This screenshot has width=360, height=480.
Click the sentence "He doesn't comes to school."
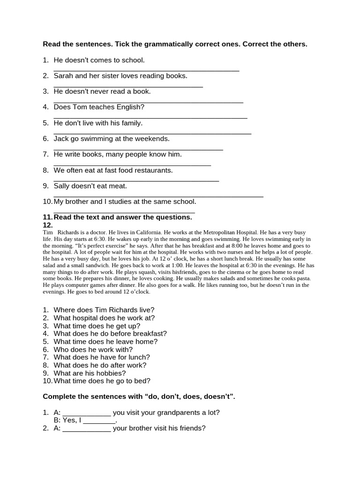[x=99, y=60]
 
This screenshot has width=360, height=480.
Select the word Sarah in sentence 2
[x=63, y=75]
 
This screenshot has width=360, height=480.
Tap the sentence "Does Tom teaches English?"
[x=99, y=107]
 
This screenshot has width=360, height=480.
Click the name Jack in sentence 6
[x=61, y=139]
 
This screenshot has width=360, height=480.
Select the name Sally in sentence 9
[x=62, y=186]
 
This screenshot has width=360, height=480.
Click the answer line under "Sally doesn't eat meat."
[x=158, y=196]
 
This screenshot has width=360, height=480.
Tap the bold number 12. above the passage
[x=47, y=225]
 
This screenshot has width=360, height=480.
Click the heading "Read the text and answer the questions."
[x=122, y=217]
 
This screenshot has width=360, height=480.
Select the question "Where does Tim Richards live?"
[x=104, y=310]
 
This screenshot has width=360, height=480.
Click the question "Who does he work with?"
[x=93, y=349]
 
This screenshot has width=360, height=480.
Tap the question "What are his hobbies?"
[x=90, y=373]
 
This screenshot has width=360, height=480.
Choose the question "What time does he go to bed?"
[x=102, y=381]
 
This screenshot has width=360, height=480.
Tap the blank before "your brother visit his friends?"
[x=87, y=429]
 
